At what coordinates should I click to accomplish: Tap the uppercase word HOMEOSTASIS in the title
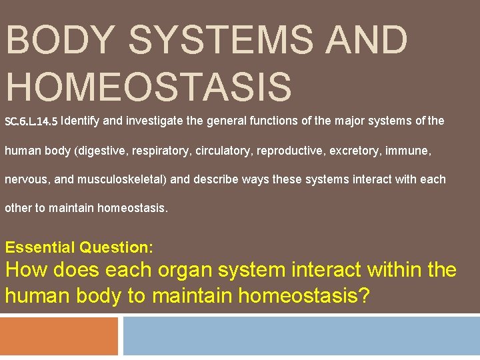[148, 87]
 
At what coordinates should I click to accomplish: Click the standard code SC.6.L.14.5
[31, 122]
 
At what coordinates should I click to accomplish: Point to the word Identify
[84, 121]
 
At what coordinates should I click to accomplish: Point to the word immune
[414, 151]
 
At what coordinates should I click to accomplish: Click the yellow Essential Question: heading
[79, 247]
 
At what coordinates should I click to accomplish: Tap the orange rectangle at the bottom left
[59, 336]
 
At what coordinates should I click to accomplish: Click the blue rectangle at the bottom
[301, 336]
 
